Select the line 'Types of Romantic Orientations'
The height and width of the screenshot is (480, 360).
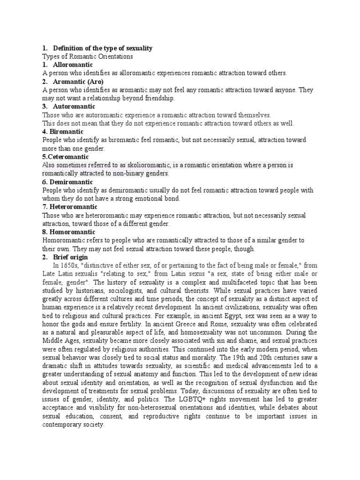coord(88,56)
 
